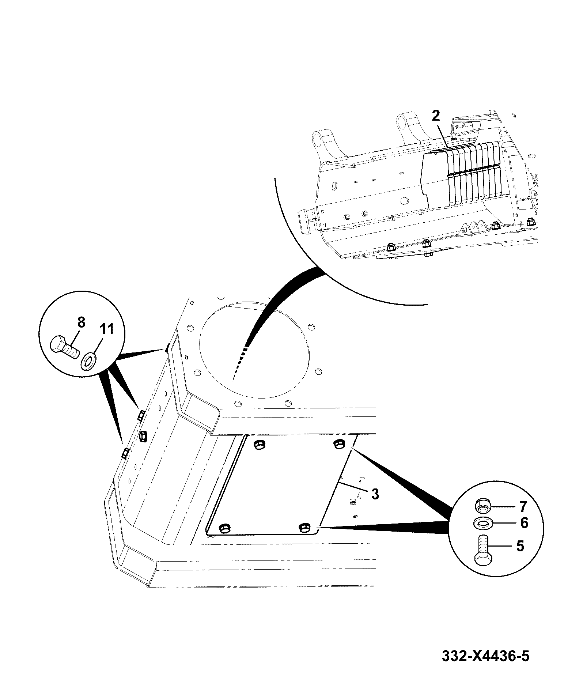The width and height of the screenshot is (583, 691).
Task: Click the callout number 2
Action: [436, 116]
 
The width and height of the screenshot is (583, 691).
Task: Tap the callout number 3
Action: [375, 494]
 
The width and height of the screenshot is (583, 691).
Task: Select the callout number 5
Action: [520, 546]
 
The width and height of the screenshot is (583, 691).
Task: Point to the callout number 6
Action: [524, 523]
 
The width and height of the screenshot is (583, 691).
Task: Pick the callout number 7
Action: [523, 507]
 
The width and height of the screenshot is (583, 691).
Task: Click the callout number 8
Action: [81, 322]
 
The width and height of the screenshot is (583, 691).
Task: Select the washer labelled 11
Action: [88, 361]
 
